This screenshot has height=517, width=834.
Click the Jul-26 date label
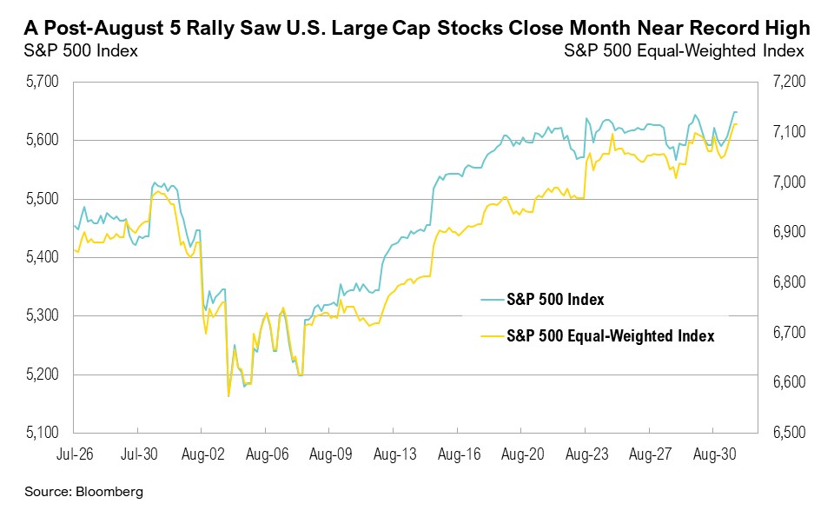pos(75,453)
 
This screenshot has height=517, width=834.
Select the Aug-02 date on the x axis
pos(202,453)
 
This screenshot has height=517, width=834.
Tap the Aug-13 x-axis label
pos(394,453)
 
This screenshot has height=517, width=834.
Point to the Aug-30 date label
pos(713,453)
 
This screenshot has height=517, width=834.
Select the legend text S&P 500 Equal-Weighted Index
pos(611,336)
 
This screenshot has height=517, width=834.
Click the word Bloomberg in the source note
pos(109,492)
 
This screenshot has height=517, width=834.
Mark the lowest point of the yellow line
pos(228,396)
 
